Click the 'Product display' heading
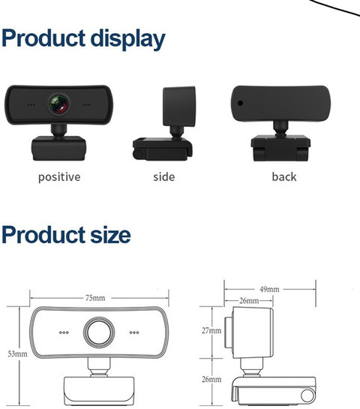83,39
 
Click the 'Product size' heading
66,235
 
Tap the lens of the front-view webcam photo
59,104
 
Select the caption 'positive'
59,177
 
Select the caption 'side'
164,177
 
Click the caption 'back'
284,177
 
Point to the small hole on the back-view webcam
240,103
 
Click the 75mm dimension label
95,298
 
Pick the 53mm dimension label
17,353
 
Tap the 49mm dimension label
269,289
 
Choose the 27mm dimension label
211,330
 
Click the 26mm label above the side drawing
249,301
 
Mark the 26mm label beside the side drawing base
211,379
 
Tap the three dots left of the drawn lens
64,332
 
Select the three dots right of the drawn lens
134,332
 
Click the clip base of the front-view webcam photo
59,148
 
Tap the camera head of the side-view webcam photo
179,107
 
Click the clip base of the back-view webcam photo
280,148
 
